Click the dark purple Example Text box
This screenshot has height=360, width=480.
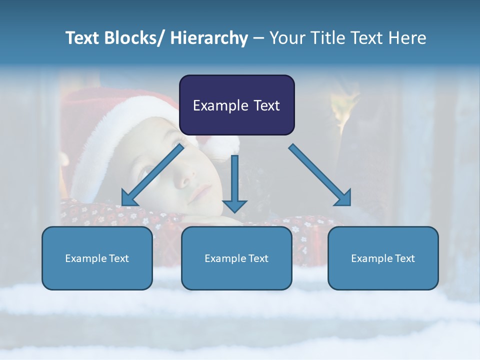pyautogui.click(x=236, y=105)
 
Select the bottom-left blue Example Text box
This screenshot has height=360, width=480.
pyautogui.click(x=97, y=258)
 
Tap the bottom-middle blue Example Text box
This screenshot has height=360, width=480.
pyautogui.click(x=236, y=258)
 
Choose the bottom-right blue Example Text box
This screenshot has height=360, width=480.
pyautogui.click(x=383, y=258)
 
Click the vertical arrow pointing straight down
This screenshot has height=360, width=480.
pyautogui.click(x=234, y=183)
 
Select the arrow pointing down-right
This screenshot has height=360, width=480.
pyautogui.click(x=320, y=175)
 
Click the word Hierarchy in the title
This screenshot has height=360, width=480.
pyautogui.click(x=208, y=38)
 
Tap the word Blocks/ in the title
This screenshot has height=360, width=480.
pyautogui.click(x=131, y=38)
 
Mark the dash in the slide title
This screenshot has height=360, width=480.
pyautogui.click(x=258, y=38)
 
